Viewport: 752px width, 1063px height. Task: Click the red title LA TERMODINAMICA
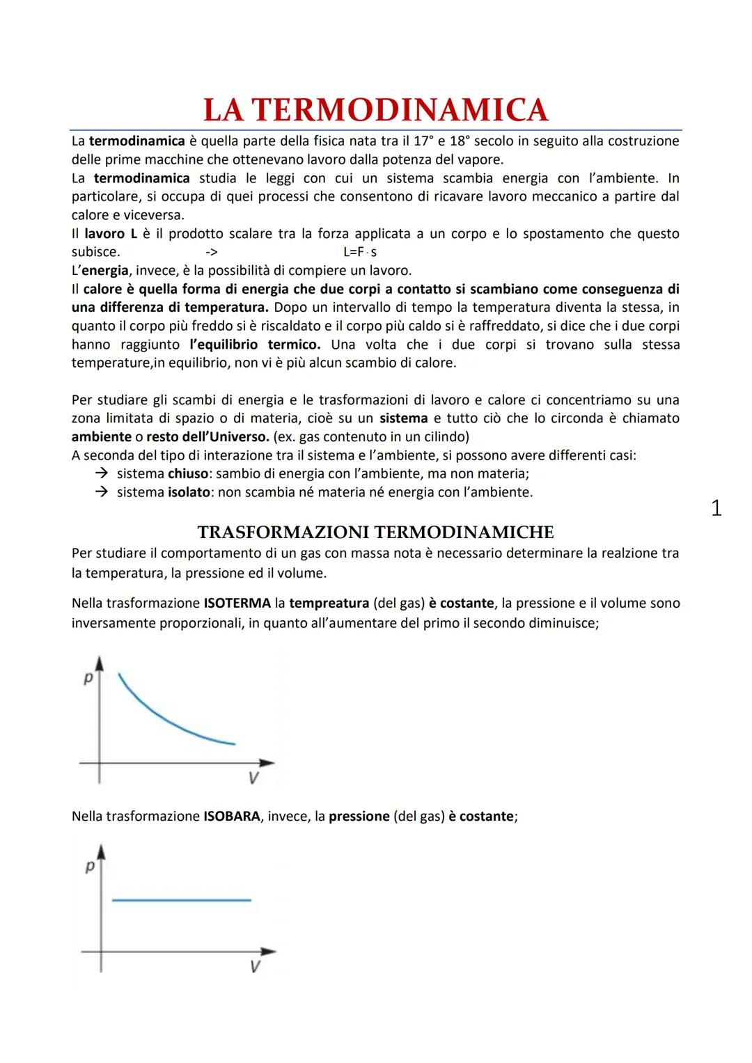click(375, 110)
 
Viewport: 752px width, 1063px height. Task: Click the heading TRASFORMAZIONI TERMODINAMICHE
click(375, 533)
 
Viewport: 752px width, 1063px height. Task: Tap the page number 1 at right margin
click(716, 509)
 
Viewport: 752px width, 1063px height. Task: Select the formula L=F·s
click(360, 252)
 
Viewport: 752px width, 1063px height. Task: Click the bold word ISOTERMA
click(237, 604)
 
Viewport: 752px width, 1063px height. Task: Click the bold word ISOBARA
click(232, 817)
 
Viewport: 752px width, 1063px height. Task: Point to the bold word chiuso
click(188, 474)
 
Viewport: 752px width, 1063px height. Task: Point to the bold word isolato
click(189, 493)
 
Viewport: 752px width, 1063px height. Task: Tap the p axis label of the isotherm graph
click(88, 677)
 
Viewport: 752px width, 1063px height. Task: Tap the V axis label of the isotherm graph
click(253, 778)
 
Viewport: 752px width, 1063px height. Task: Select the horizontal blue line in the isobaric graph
click(181, 900)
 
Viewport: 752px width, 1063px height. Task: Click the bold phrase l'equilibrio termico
click(254, 345)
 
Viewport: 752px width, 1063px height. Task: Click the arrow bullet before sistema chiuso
click(102, 474)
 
